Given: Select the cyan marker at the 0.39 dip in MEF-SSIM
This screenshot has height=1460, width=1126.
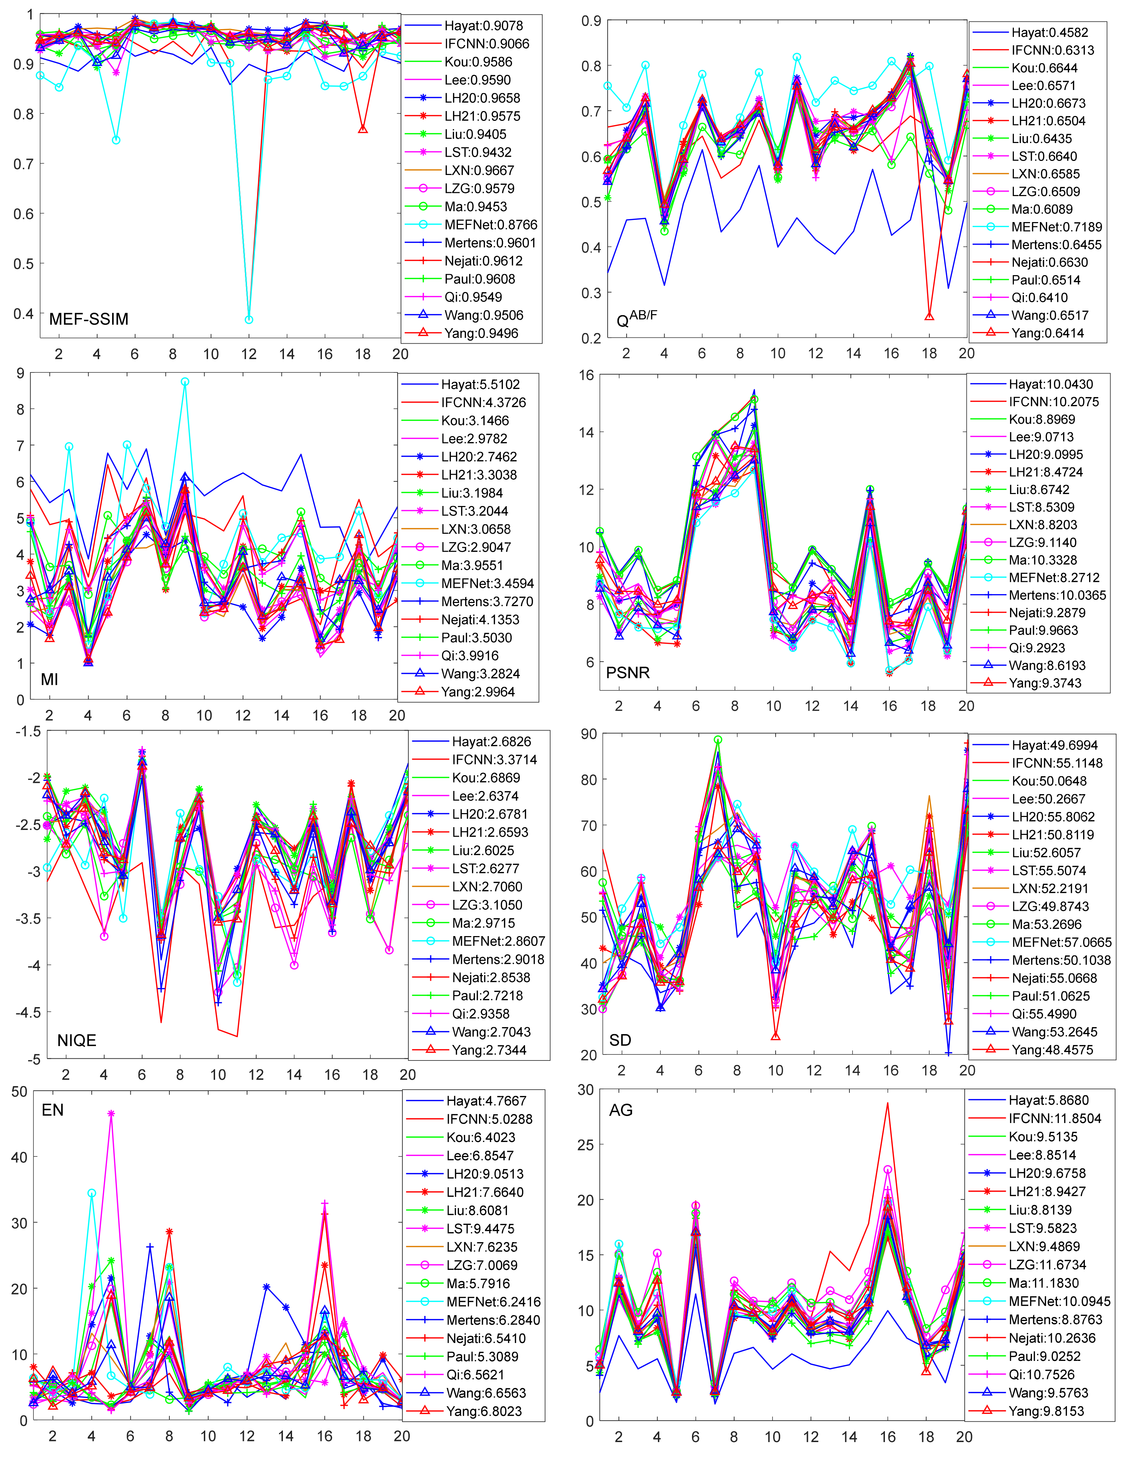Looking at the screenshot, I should (x=249, y=319).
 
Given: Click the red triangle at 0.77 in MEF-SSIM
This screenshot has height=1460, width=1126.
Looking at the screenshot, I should (x=362, y=129).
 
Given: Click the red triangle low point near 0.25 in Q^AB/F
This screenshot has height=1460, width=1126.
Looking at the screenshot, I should (x=929, y=316).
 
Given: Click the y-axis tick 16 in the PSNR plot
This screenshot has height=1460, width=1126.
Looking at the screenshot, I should (x=586, y=375).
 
